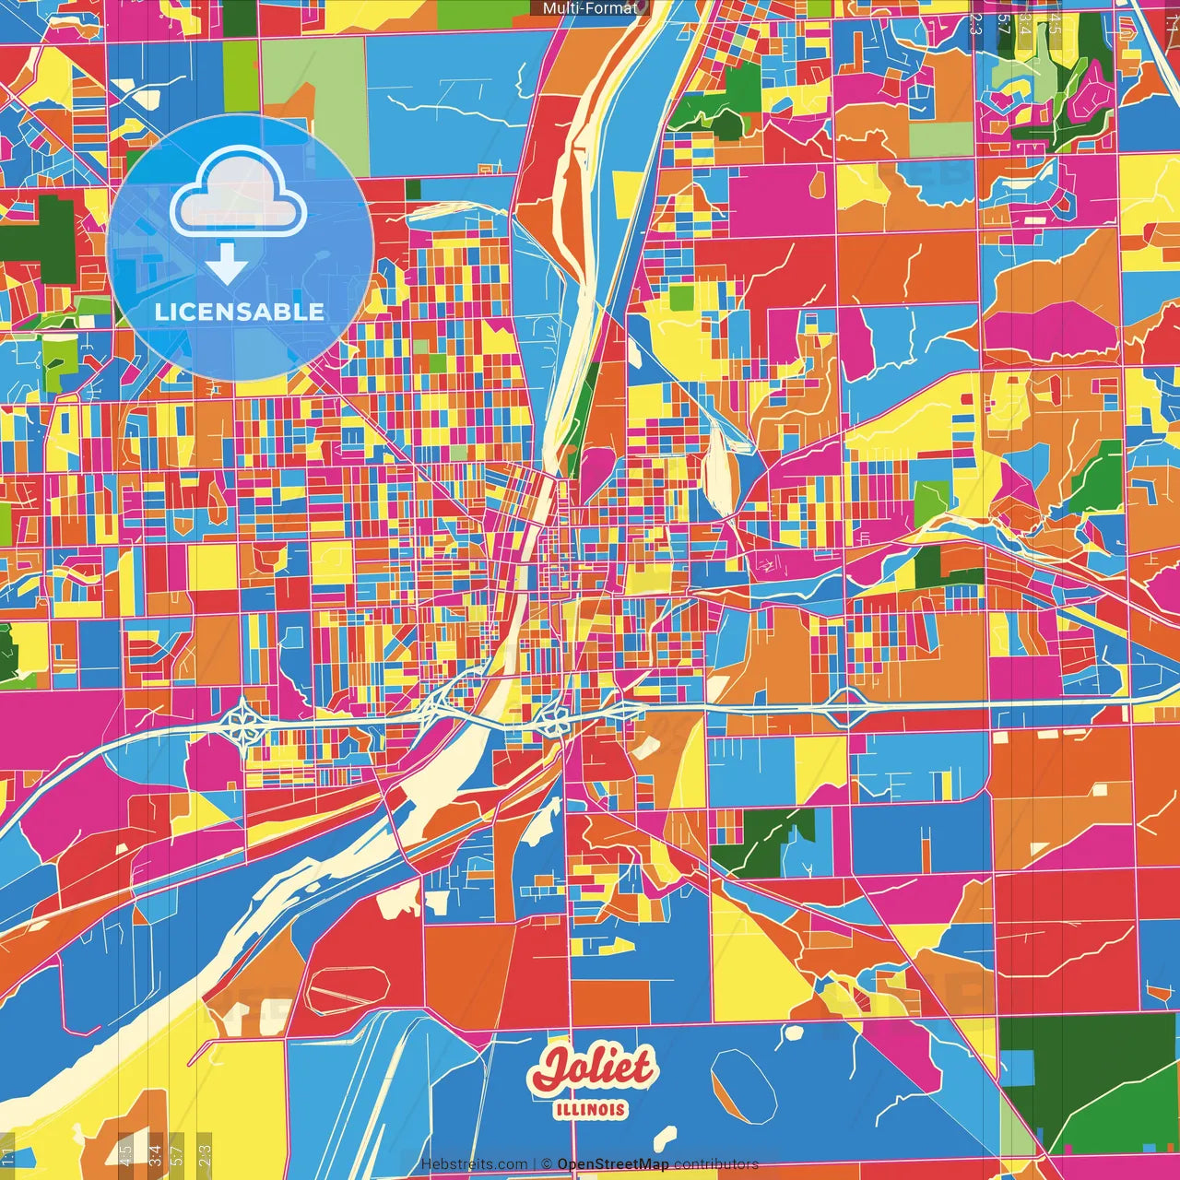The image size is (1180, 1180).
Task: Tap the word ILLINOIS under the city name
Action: [591, 1110]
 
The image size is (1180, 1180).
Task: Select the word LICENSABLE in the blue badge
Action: [240, 312]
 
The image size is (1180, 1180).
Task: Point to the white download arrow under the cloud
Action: [226, 265]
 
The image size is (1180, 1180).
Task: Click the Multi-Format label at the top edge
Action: [590, 8]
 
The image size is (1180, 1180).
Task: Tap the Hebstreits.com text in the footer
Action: [474, 1164]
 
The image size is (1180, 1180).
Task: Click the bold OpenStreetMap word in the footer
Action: [613, 1164]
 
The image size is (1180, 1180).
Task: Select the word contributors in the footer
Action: [716, 1164]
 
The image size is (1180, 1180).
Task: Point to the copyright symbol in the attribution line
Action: [546, 1164]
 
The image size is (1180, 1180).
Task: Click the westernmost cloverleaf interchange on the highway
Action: [245, 724]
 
